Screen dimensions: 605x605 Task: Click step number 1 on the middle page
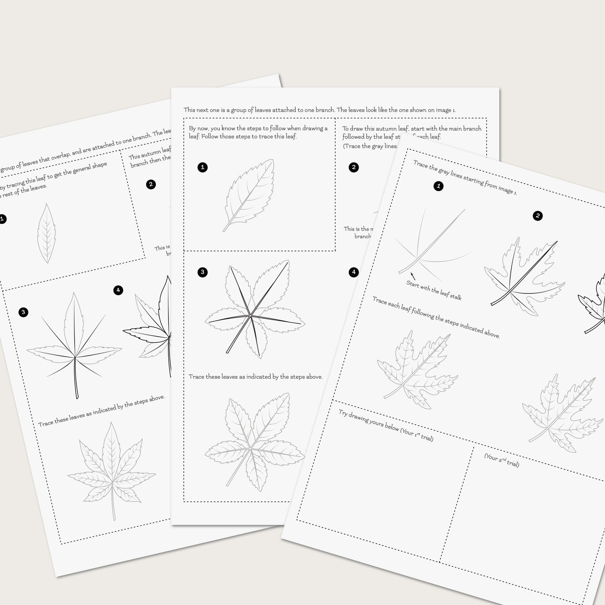203,167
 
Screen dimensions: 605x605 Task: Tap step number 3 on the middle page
203,272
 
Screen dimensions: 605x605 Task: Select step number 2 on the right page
538,216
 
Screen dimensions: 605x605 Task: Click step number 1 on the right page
439,186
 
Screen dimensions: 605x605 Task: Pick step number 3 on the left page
23,312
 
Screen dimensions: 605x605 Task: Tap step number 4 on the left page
118,290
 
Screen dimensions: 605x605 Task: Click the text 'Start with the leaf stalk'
434,290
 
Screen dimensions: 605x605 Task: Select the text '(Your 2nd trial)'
501,460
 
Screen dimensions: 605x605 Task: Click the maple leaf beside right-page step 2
524,277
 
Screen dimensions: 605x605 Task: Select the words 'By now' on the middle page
198,128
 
